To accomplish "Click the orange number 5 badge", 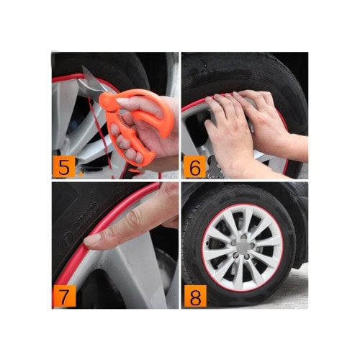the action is point(63,166).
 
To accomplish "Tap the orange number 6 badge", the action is point(194,166).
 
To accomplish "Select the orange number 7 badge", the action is point(64,296).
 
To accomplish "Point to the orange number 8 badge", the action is point(195,296).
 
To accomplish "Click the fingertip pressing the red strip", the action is point(91,239).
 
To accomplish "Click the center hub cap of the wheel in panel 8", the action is point(243,246).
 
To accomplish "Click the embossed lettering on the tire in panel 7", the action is point(85,216).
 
